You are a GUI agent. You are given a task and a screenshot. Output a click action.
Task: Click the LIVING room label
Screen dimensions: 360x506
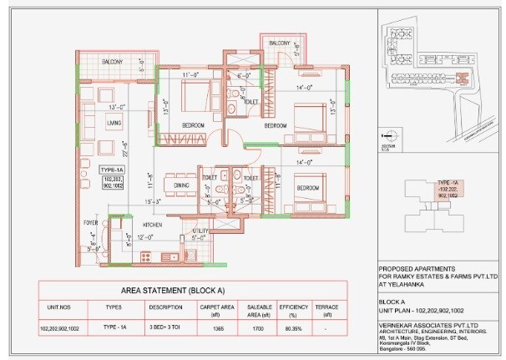click(x=114, y=124)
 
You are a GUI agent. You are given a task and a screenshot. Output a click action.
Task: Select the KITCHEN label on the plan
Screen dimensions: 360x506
click(x=151, y=226)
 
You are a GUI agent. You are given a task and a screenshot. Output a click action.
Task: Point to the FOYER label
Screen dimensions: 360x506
click(x=90, y=224)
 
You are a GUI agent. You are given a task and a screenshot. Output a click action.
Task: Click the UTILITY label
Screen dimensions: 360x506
click(x=200, y=230)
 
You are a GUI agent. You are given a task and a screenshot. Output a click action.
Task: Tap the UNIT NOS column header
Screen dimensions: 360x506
click(x=63, y=307)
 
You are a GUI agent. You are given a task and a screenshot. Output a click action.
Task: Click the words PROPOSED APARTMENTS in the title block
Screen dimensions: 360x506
click(x=407, y=268)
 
